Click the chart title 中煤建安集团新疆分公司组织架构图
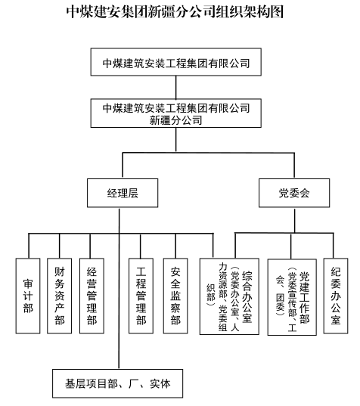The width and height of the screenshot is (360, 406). coord(175,12)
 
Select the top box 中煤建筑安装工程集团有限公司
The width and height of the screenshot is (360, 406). coord(176,62)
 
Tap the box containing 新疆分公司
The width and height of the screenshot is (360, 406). coord(176,113)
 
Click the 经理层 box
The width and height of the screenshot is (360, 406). coord(123,193)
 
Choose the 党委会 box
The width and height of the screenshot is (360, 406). coord(294,193)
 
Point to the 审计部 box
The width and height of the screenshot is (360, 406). coord(28,296)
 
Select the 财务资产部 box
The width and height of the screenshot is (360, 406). coord(59,296)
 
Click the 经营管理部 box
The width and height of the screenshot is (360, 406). coord(92,296)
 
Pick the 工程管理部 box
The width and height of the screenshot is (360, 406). coord(141,296)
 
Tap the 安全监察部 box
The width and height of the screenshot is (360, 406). coord(175,296)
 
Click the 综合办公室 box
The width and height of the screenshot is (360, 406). coord(229,296)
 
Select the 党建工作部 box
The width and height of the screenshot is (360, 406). coord(292,297)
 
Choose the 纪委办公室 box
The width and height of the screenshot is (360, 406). coord(336,296)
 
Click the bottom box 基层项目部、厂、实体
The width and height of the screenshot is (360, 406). coord(117,383)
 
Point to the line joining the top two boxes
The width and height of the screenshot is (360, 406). coord(176,87)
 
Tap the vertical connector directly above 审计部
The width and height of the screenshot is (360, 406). coord(29,246)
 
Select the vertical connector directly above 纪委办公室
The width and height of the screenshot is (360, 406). coord(334,246)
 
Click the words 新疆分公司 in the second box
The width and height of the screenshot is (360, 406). coord(176,120)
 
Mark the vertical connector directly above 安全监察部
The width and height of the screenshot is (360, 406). coord(175,246)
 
